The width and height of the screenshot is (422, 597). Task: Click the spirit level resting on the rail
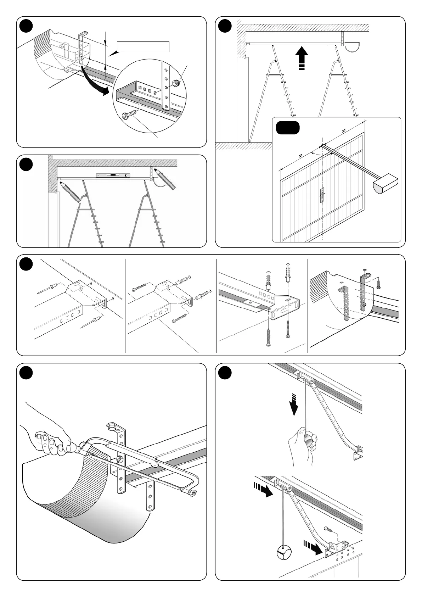point(113,175)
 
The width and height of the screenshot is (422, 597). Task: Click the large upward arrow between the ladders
point(301,58)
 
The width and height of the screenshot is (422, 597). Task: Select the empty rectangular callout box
point(143,47)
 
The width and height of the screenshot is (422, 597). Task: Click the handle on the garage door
point(322,195)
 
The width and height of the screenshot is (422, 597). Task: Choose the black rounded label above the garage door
point(288,128)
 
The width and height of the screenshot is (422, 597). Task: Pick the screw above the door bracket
point(328,530)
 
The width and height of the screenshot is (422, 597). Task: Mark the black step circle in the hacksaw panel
point(26,373)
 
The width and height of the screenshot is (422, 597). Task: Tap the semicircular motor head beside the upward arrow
point(352,46)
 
